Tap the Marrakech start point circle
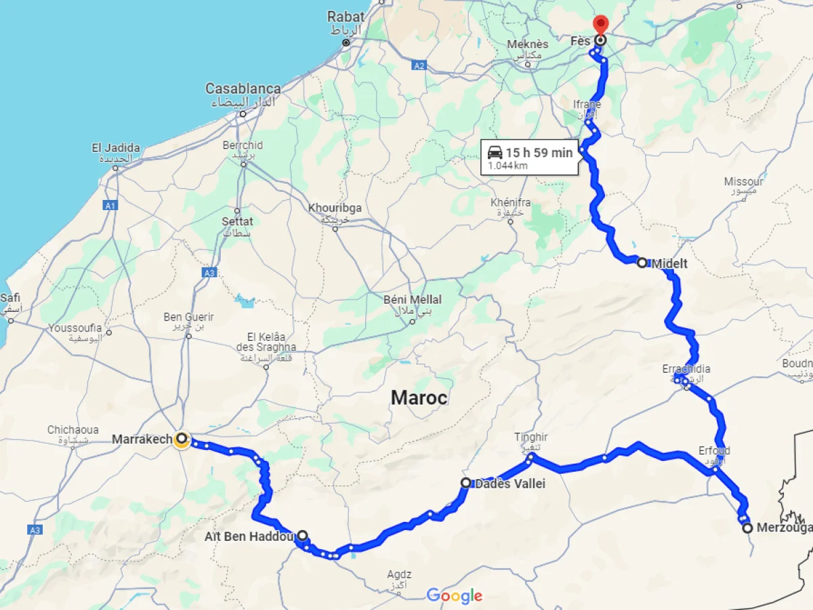[x=182, y=439]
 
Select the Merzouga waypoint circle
[x=747, y=528]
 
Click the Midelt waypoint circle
[x=642, y=262]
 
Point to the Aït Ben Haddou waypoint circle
[x=302, y=535]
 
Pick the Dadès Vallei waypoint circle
[x=466, y=483]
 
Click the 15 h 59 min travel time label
[x=539, y=152]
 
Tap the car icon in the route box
[x=495, y=152]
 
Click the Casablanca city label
[x=243, y=89]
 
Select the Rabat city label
[x=346, y=16]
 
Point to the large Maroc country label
[x=419, y=398]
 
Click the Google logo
[x=454, y=596]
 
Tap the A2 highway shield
[x=420, y=66]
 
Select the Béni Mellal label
[x=412, y=300]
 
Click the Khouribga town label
[x=335, y=207]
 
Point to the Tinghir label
[x=530, y=438]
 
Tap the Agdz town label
[x=399, y=575]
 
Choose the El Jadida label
[x=116, y=148]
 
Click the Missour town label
[x=743, y=182]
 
